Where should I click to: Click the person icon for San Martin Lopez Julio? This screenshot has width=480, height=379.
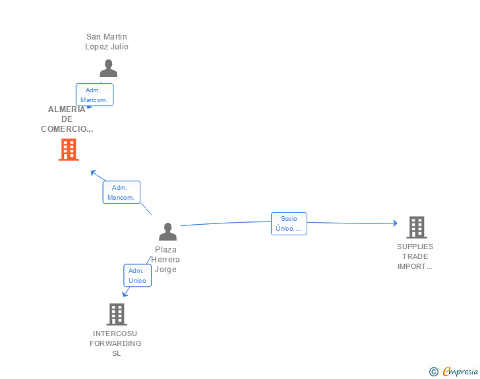click(108, 68)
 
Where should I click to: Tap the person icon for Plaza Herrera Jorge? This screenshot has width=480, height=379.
click(168, 231)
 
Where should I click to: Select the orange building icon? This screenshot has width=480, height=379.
click(69, 150)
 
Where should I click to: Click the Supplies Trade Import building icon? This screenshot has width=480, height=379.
click(416, 227)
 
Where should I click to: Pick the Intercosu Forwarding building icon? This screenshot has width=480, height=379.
click(116, 314)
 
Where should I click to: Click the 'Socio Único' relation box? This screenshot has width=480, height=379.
click(289, 223)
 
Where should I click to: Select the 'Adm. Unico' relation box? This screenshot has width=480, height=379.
click(137, 276)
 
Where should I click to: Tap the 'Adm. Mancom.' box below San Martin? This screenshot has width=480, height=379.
click(94, 95)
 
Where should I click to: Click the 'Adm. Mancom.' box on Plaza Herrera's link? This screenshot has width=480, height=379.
click(121, 192)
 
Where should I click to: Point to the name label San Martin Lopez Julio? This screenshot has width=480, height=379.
click(107, 42)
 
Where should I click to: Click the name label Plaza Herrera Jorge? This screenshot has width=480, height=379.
click(166, 259)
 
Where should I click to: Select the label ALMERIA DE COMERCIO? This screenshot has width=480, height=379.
click(67, 119)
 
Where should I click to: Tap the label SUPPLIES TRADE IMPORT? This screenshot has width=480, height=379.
click(415, 256)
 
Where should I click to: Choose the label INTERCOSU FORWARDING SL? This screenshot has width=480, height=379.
click(116, 343)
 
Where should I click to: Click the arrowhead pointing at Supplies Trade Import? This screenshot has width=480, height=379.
click(395, 223)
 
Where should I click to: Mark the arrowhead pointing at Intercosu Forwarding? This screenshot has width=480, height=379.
click(125, 293)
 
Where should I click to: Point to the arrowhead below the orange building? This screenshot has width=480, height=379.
click(93, 173)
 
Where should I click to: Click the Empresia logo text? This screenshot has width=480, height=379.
click(460, 372)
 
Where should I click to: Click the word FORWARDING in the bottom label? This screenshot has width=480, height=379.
click(116, 343)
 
